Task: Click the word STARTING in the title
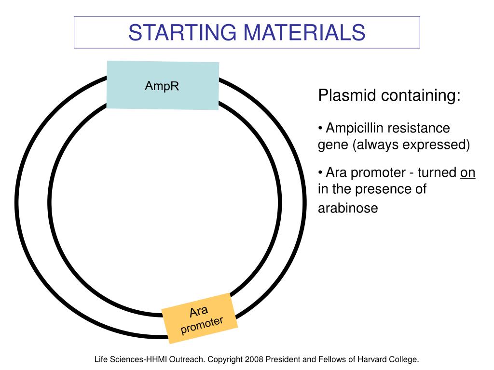pyautogui.click(x=182, y=32)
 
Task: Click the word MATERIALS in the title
pyautogui.click(x=304, y=32)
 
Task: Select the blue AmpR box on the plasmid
pyautogui.click(x=163, y=85)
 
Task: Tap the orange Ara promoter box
pyautogui.click(x=200, y=318)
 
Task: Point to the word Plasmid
pyautogui.click(x=347, y=95)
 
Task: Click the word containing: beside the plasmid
pyautogui.click(x=421, y=95)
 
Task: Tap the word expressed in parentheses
pyautogui.click(x=434, y=145)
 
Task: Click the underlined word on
pyautogui.click(x=467, y=173)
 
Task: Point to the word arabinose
pyautogui.click(x=348, y=208)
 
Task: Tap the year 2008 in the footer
pyautogui.click(x=254, y=359)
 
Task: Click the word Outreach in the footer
pyautogui.click(x=188, y=359)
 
